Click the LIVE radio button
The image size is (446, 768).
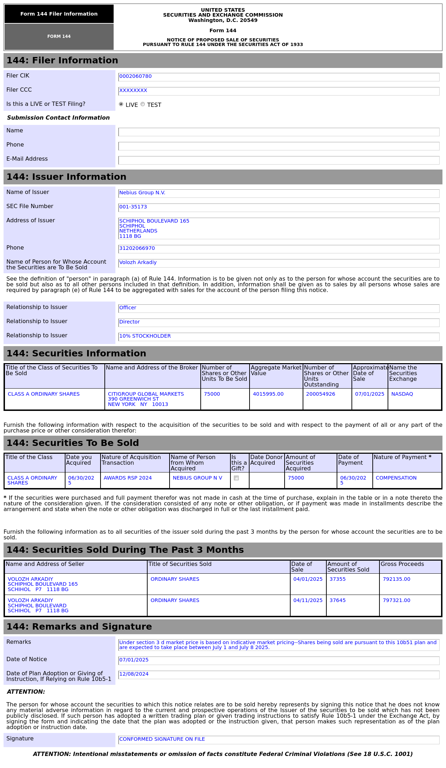point(121,104)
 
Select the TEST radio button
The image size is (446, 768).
point(143,104)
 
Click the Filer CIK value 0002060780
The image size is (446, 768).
point(135,76)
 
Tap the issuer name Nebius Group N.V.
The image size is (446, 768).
point(142,193)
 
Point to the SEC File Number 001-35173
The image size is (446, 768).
point(133,207)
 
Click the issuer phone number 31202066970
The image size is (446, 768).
point(137,248)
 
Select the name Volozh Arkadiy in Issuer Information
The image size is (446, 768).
point(138,263)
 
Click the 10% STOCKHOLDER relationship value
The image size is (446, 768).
point(145,336)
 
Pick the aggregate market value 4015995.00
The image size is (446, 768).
point(268,394)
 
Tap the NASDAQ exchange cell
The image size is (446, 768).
point(402,394)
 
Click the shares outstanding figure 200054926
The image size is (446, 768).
point(320,394)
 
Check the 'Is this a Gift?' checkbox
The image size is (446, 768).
point(236,478)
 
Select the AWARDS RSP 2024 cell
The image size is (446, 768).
point(127,478)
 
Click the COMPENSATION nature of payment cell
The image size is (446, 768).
point(396,478)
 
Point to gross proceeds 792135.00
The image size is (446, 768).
point(396,579)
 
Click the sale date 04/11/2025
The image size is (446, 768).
point(308,601)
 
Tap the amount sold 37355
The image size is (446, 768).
point(337,579)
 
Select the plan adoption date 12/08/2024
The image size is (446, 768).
point(134,674)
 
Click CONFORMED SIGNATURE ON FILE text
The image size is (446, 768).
point(162,739)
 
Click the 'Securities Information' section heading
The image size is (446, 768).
point(76,354)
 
